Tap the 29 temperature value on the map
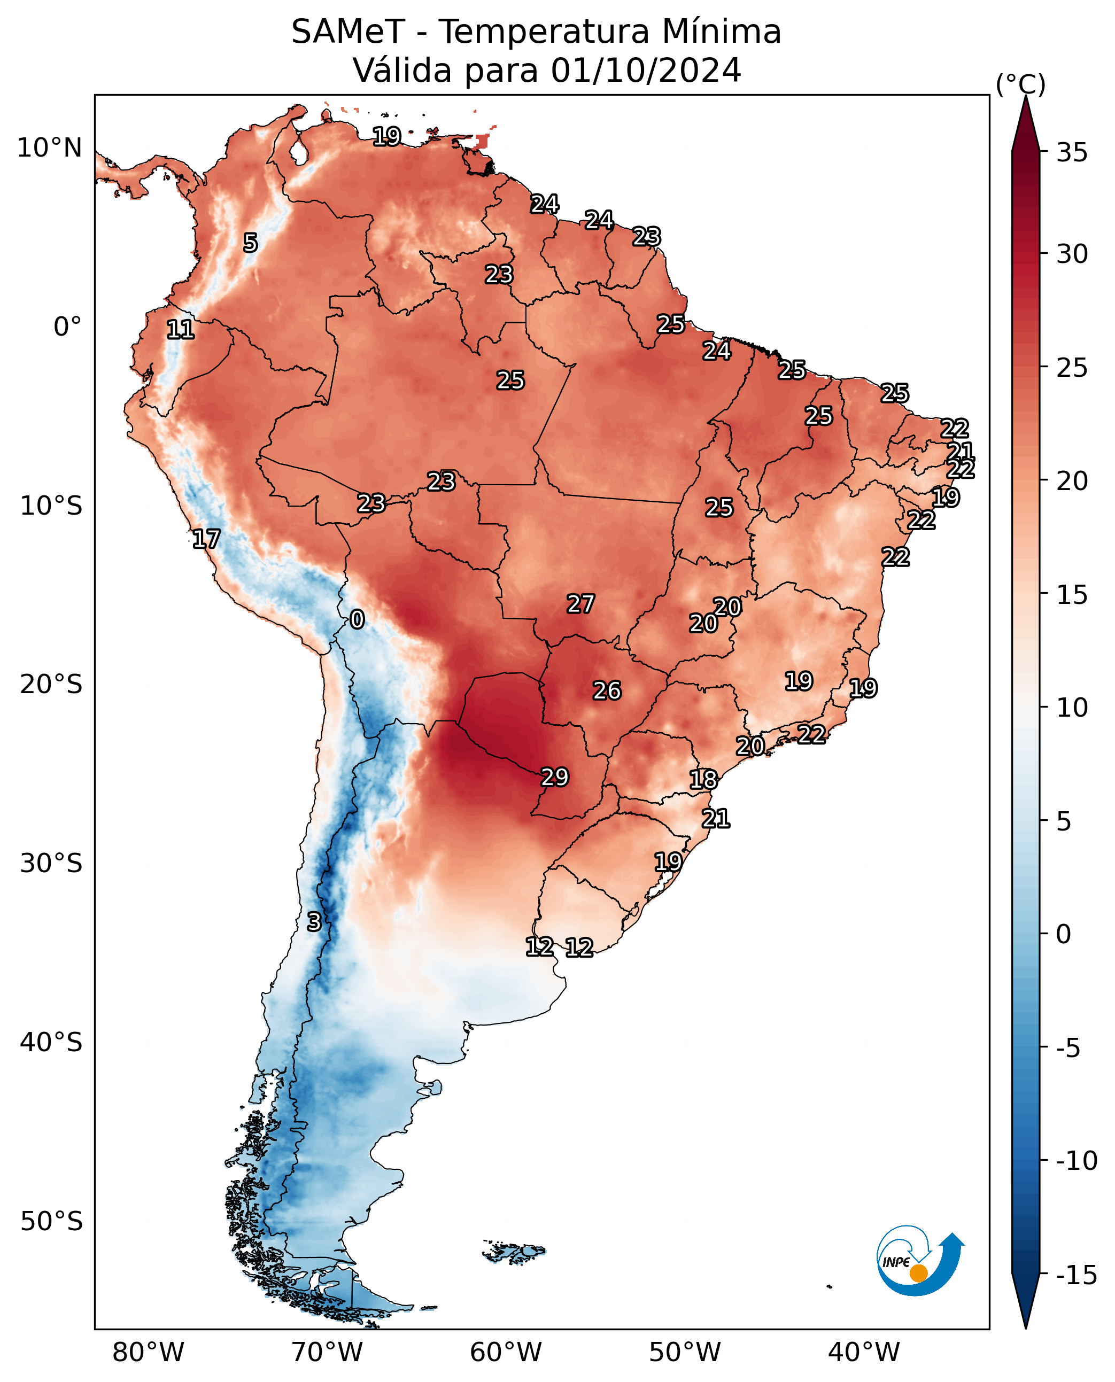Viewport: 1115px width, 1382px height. point(555,777)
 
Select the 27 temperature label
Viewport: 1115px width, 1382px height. point(580,604)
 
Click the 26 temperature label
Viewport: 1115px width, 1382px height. point(607,690)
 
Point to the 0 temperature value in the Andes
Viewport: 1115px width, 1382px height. point(357,619)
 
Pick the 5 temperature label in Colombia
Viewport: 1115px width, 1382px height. point(251,243)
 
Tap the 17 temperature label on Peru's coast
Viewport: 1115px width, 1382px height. point(206,538)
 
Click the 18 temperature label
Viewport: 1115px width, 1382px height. point(703,779)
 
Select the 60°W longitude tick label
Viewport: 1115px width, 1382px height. point(506,1352)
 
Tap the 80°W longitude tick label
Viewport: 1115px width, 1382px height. point(149,1352)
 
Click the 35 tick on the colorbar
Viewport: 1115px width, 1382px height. point(1072,152)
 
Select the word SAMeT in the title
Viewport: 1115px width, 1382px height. point(348,32)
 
